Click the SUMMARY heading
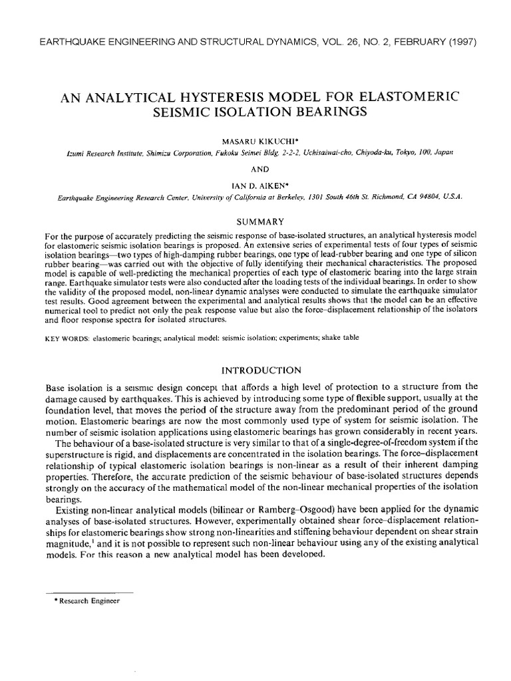256,221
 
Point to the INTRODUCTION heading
256,369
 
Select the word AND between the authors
256,169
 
